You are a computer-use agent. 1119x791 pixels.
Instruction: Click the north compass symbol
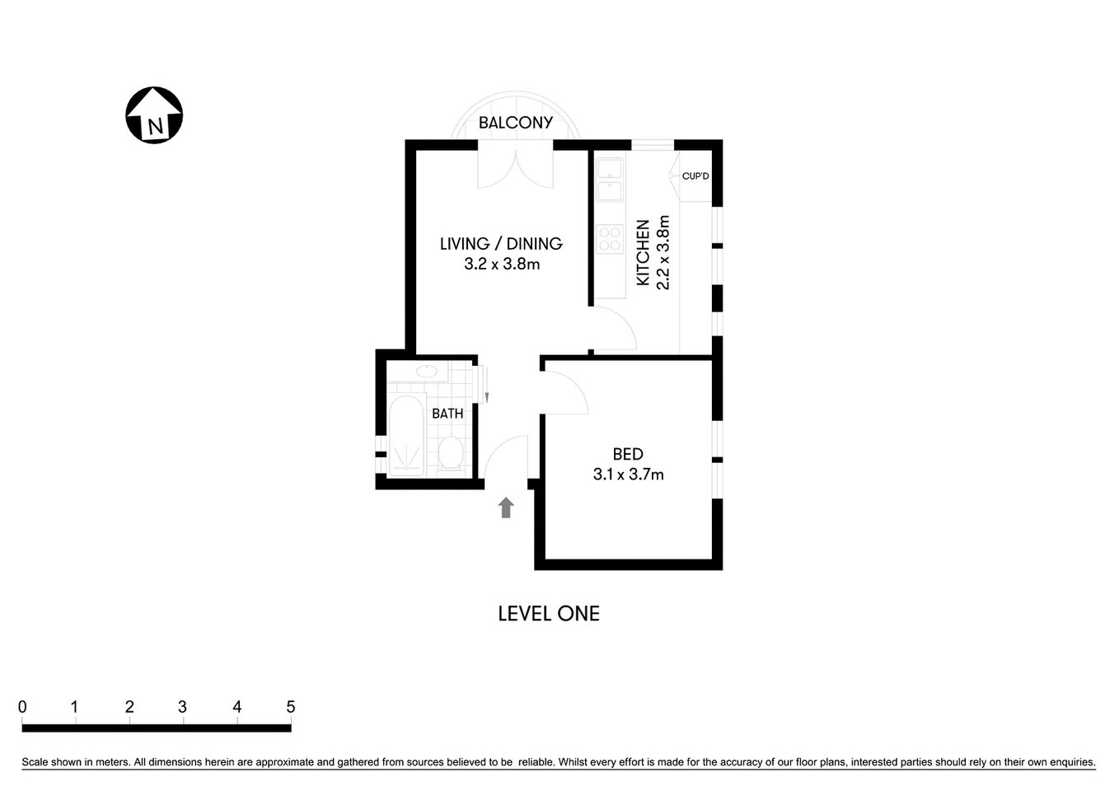pos(154,115)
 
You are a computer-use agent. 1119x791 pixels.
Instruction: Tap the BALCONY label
pos(516,123)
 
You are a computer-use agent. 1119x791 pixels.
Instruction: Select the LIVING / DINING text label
pos(501,244)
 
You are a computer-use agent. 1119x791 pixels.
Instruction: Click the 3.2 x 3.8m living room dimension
pos(502,264)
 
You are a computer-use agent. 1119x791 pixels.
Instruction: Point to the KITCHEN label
pos(644,252)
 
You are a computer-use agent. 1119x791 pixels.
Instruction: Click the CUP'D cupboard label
pos(695,176)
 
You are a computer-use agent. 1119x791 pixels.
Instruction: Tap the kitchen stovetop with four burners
pos(610,240)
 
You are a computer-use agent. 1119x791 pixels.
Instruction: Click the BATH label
pos(447,414)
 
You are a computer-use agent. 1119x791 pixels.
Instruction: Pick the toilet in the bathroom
pos(450,452)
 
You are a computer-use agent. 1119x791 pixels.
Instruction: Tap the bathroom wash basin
pos(427,372)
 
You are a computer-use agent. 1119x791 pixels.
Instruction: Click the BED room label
pos(628,454)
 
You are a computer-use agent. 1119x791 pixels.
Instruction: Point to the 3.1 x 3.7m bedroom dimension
pos(629,475)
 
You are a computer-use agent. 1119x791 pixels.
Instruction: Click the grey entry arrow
pos(506,508)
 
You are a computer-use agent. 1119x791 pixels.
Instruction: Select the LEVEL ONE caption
pos(549,614)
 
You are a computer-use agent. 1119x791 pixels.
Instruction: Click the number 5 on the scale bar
pos(290,707)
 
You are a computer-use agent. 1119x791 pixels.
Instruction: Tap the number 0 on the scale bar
pos(22,707)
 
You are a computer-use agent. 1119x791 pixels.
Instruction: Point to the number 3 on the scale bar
pos(182,707)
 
